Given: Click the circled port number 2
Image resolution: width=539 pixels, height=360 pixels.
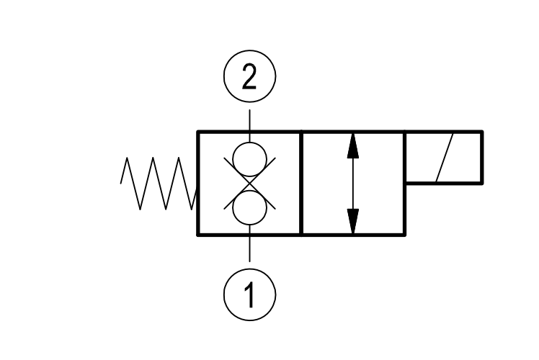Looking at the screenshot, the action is click(249, 76).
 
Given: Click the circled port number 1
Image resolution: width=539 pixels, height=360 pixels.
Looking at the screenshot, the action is click(249, 294).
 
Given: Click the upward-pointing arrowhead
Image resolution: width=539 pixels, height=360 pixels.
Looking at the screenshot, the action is click(353, 147).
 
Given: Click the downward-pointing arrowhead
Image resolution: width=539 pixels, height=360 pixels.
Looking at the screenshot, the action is click(353, 221).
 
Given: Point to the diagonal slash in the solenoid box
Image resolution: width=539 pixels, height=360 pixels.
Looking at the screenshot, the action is click(445, 158).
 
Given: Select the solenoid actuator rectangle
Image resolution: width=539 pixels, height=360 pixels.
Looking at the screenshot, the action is click(482, 158).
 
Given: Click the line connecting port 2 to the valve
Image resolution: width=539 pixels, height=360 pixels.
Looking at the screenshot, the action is click(249, 126).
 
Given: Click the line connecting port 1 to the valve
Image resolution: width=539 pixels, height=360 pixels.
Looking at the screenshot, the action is click(249, 243).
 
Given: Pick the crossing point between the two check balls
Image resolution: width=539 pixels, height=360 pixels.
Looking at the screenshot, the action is click(249, 184).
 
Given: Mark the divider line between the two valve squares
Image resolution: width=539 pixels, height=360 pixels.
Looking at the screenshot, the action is click(301, 183).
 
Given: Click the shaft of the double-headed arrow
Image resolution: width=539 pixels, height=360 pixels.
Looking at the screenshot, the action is click(353, 184).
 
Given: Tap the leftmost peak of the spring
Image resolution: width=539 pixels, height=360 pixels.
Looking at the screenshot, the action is click(127, 158).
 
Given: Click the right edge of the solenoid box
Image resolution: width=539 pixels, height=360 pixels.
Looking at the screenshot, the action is click(482, 158).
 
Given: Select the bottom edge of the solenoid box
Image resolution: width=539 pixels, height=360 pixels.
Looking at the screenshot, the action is click(444, 183).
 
